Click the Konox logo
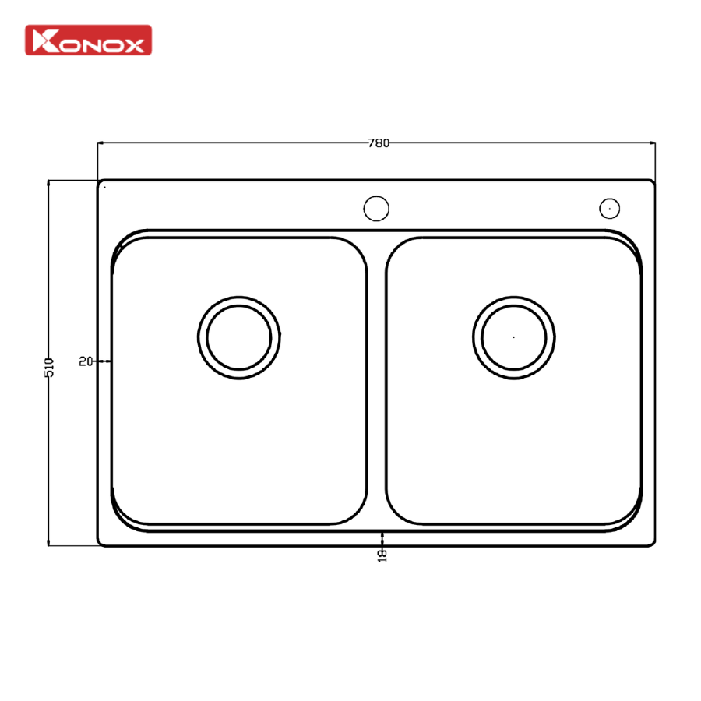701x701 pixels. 89,41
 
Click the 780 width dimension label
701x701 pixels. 379,143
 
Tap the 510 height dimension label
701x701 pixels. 49,367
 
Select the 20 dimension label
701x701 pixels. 86,361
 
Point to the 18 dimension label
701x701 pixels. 382,555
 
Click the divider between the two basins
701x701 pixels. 376,380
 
